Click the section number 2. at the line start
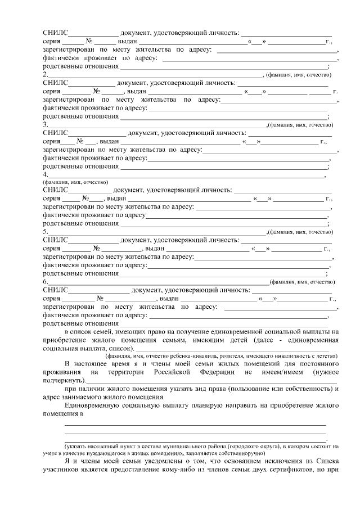(x=46, y=74)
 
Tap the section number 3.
(x=46, y=124)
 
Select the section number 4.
(x=46, y=174)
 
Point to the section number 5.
(x=46, y=232)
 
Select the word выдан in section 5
(x=154, y=249)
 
